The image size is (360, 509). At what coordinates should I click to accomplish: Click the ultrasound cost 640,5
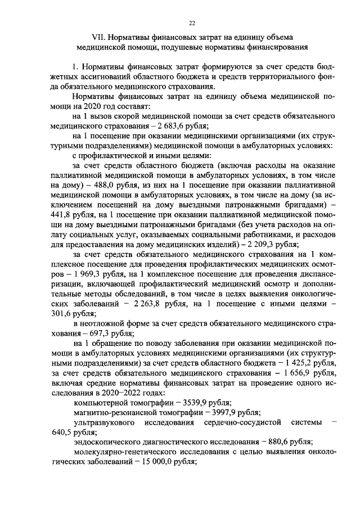pos(62,432)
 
